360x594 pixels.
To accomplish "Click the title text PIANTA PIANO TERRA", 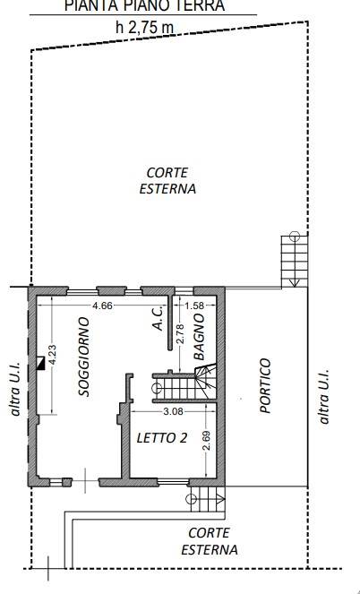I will [x=144, y=6].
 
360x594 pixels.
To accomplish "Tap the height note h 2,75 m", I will [x=145, y=27].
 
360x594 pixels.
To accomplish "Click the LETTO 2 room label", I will [x=162, y=439].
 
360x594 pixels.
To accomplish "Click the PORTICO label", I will [x=265, y=385].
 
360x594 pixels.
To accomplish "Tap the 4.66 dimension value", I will [x=104, y=306].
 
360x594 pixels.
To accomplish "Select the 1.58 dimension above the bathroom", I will [x=193, y=306].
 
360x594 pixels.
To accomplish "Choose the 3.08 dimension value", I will [x=172, y=412].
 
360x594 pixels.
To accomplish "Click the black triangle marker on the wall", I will [x=39, y=363].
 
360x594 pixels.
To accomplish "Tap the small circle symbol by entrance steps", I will [x=189, y=498].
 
